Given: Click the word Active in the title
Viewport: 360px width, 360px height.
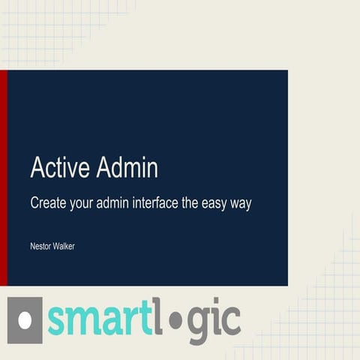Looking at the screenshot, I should pos(61,168).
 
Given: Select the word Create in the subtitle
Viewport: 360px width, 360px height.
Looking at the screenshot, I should pos(49,202).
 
